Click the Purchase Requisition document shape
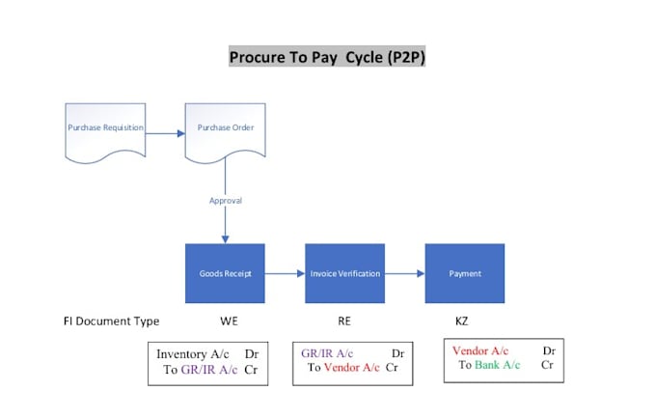point(105,132)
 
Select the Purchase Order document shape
point(225,132)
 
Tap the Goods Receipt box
point(225,273)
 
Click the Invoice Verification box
point(344,273)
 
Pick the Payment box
point(465,273)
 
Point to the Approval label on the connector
point(226,201)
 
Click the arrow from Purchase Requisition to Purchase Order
point(165,133)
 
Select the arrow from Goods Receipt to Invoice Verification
point(285,274)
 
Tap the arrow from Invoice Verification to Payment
point(405,274)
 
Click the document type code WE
point(229,321)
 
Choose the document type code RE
point(344,321)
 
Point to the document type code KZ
point(461,321)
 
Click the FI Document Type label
point(111,321)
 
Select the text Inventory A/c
point(193,354)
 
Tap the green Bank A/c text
point(498,365)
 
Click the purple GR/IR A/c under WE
point(209,370)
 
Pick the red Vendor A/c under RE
point(352,368)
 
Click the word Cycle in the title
point(364,57)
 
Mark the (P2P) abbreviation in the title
point(406,57)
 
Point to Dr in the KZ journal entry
point(549,350)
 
